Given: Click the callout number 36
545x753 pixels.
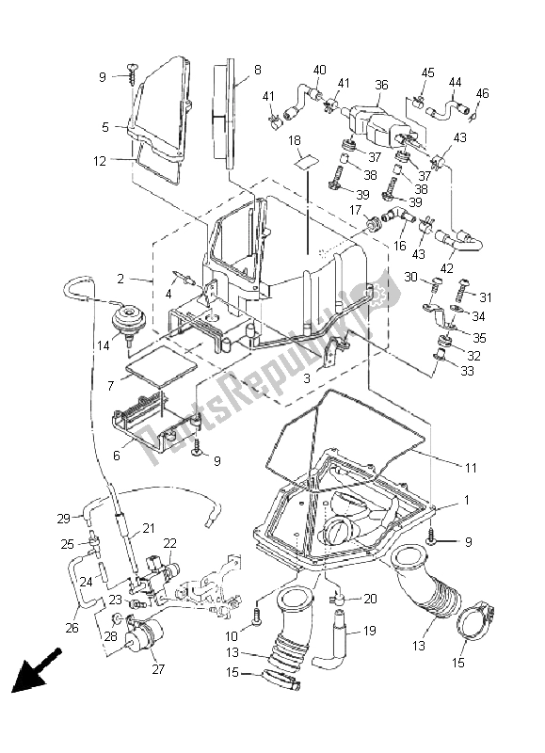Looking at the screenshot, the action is [381, 85].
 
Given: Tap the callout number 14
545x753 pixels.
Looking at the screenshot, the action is [103, 346].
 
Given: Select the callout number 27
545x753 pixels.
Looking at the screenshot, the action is [158, 668].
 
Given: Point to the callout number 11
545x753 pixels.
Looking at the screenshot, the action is [471, 467].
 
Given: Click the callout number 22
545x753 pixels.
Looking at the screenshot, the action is [170, 543].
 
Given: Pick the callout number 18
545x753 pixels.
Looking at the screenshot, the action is [295, 140].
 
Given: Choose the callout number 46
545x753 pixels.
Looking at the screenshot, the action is [482, 92].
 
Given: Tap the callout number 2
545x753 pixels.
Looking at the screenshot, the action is [120, 279].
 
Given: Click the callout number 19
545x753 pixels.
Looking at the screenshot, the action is [369, 630].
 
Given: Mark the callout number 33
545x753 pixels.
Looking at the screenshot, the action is [467, 371].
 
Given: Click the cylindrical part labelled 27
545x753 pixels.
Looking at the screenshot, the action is [145, 633].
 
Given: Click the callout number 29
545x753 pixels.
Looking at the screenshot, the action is [63, 519].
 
